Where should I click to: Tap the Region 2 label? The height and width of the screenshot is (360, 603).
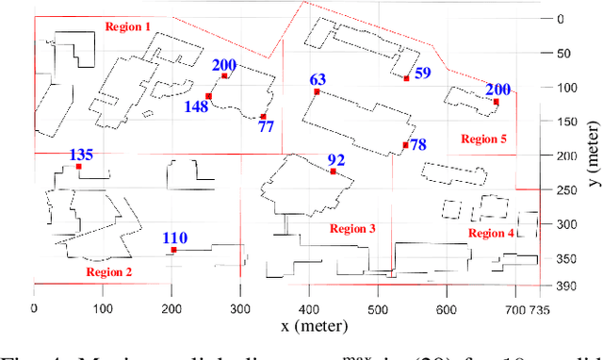(x=109, y=271)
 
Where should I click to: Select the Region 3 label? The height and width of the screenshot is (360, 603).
(x=352, y=229)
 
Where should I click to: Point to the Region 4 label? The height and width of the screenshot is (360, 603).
(x=492, y=233)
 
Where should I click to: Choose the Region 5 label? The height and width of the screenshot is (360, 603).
(x=483, y=139)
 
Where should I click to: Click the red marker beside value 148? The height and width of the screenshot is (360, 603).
(x=208, y=96)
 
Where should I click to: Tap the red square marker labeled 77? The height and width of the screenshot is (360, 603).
(x=263, y=117)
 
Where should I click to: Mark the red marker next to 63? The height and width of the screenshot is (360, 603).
(x=317, y=91)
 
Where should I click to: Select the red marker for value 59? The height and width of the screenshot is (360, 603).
(x=407, y=78)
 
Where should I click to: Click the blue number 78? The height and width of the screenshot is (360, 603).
(x=417, y=144)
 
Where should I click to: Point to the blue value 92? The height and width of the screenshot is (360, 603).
(x=336, y=160)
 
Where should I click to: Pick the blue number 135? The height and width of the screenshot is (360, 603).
(x=82, y=155)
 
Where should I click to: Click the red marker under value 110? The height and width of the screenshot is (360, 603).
(x=173, y=250)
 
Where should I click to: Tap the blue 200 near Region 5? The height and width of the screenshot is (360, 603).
(x=497, y=90)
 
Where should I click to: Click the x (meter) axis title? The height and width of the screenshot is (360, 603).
(x=314, y=326)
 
